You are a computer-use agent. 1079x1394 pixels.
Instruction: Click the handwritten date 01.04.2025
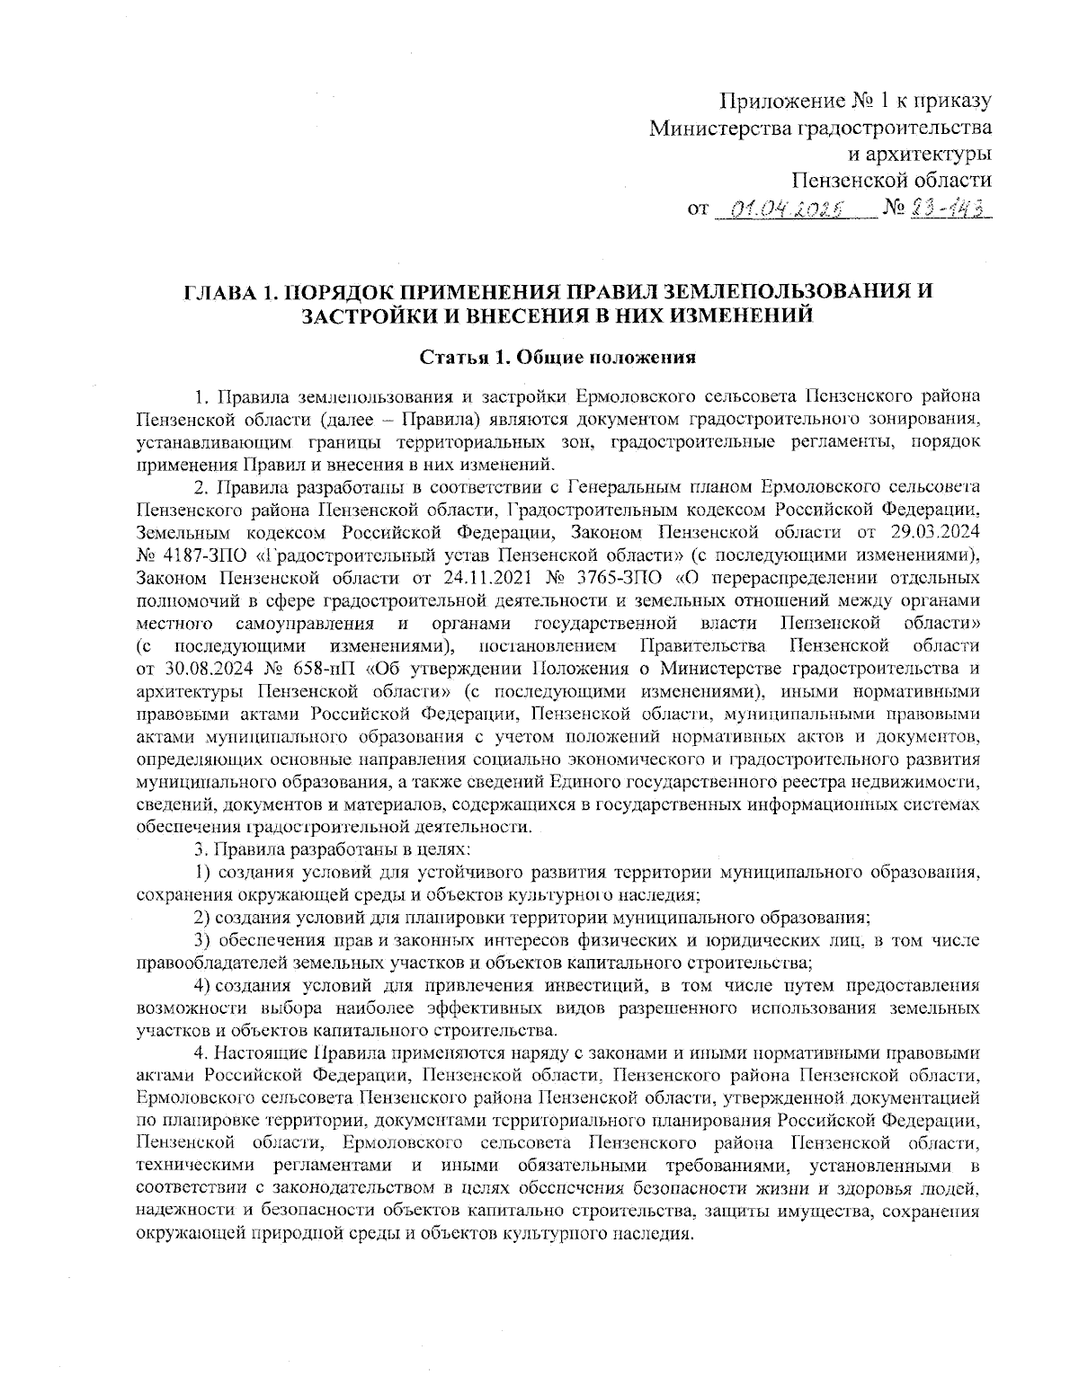(x=785, y=212)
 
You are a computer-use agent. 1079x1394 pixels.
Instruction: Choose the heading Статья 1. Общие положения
(x=558, y=358)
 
